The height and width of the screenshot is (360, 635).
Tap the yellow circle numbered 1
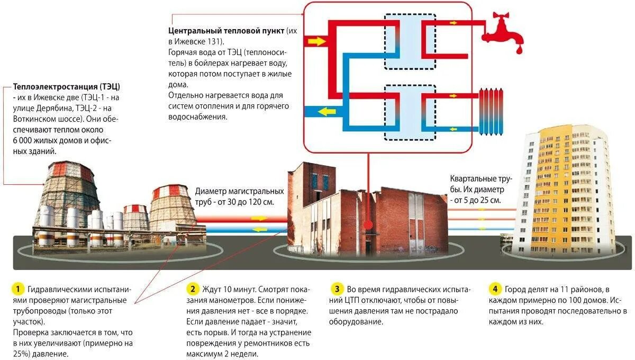tap(17, 289)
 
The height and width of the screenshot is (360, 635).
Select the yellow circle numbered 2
tap(193, 289)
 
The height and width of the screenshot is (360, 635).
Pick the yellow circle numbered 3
tap(337, 289)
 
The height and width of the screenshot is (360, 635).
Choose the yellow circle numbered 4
tap(494, 289)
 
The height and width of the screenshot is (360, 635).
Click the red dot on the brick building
tap(367, 225)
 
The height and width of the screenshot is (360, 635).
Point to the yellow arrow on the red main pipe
tap(259, 218)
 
